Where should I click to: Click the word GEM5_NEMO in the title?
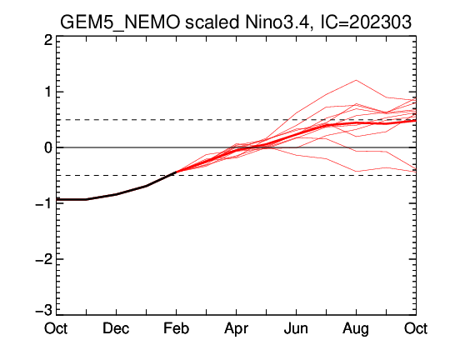(120, 22)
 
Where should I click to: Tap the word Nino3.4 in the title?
(277, 22)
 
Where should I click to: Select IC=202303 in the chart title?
(366, 22)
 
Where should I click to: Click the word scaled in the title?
(212, 22)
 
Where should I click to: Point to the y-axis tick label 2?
(48, 41)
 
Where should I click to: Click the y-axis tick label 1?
(49, 92)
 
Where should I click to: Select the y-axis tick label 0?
(48, 147)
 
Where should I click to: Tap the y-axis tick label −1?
(44, 203)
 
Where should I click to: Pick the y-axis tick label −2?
(44, 259)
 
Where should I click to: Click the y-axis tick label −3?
(44, 311)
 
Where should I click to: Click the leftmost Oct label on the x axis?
(56, 328)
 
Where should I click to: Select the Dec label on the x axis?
(116, 328)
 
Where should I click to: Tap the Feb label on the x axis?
(176, 328)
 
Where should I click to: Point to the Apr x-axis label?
(236, 329)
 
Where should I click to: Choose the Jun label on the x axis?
(296, 328)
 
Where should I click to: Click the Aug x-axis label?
(356, 329)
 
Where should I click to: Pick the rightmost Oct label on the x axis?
(416, 328)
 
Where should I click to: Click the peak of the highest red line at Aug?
(356, 80)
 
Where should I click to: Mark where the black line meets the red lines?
(176, 172)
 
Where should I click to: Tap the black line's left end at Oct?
(57, 199)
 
